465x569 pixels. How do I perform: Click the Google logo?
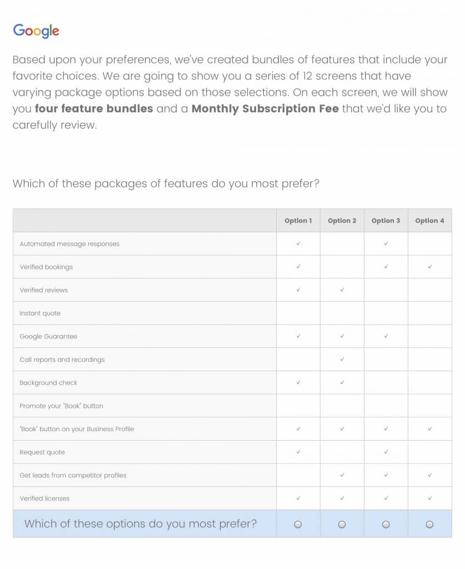tap(36, 31)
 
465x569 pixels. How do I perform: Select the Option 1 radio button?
tap(298, 524)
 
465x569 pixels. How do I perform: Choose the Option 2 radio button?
tap(342, 524)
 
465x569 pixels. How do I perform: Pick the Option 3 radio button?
tap(386, 524)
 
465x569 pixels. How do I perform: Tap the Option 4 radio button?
tap(429, 524)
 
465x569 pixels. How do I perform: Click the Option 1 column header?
tap(298, 221)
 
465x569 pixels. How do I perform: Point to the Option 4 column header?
tap(429, 221)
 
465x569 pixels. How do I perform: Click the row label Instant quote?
tap(40, 313)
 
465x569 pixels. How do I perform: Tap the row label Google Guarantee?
tap(48, 337)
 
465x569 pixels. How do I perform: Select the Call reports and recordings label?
tap(62, 360)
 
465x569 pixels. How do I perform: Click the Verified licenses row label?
tap(44, 498)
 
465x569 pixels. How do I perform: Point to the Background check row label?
tap(48, 383)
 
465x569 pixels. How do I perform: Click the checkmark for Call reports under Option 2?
tap(342, 360)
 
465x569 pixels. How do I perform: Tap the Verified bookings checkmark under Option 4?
tap(430, 267)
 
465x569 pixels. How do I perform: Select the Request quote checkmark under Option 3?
tap(386, 452)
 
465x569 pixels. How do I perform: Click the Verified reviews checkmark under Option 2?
tap(342, 290)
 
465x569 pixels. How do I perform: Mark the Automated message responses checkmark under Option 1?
tap(298, 243)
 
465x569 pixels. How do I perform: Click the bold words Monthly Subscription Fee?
tap(265, 108)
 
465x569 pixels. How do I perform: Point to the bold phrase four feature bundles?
tap(94, 108)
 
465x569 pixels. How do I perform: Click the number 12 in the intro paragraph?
tap(307, 76)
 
